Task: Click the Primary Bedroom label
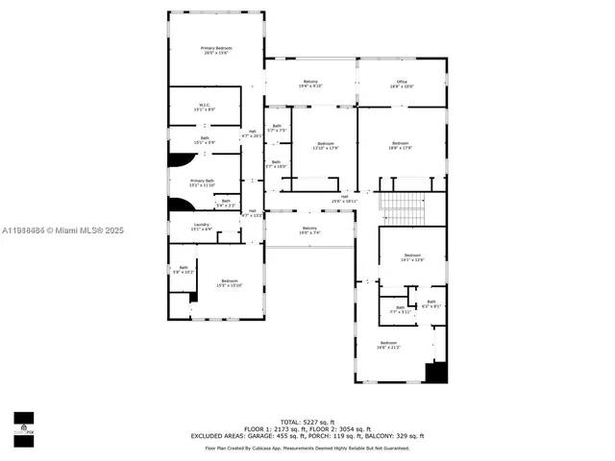[216, 50]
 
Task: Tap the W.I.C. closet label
[205, 107]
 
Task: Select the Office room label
[403, 84]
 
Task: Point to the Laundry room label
[202, 226]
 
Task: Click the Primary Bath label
[202, 182]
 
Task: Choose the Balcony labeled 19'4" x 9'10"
[310, 84]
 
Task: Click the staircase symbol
[402, 206]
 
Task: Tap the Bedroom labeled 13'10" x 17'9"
[326, 145]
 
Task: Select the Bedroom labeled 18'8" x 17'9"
[401, 145]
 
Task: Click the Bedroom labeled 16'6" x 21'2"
[388, 345]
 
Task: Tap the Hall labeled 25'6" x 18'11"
[344, 199]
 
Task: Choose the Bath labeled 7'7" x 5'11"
[400, 310]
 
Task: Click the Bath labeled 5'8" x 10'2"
[183, 270]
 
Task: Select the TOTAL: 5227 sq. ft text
[307, 422]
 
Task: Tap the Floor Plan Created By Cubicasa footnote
[307, 448]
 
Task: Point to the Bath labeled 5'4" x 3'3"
[225, 203]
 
